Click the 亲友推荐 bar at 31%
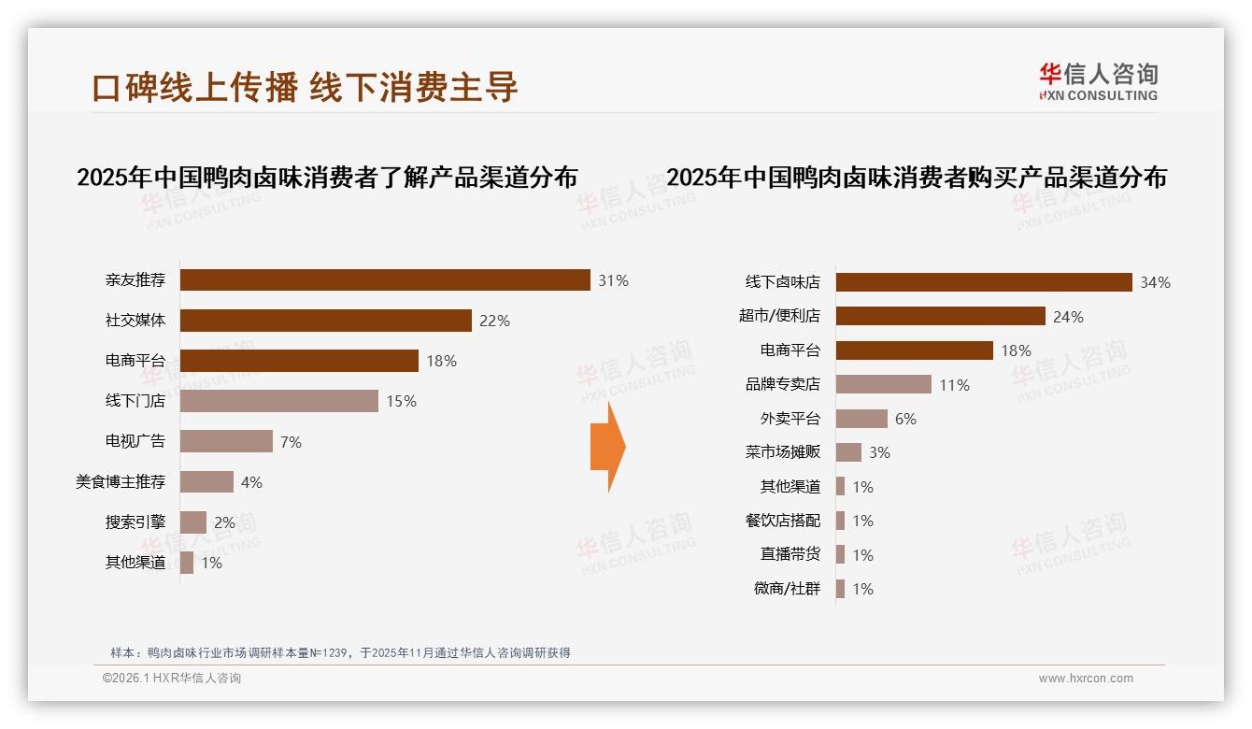pos(385,280)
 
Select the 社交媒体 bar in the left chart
pos(325,321)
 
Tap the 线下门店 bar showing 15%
pos(278,401)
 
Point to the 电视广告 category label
pos(135,441)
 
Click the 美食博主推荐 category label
pos(121,482)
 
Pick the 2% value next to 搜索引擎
pos(224,522)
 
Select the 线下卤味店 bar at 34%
pos(983,282)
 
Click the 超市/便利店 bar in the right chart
pos(940,316)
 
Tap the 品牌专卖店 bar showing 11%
pos(883,384)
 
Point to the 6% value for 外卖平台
pos(905,419)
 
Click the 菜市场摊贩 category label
pos(783,452)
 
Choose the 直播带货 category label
pos(790,554)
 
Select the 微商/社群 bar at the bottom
pos(841,589)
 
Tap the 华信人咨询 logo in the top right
pos(1098,82)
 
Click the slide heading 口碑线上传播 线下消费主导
pos(305,87)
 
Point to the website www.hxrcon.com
pos(1086,679)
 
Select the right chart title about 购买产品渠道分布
pos(917,178)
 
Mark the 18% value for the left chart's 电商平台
pos(441,361)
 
